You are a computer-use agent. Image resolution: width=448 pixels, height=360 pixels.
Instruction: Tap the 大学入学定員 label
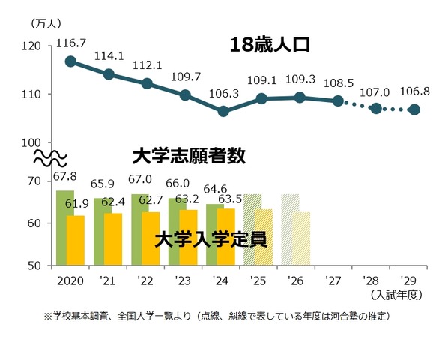coord(212,239)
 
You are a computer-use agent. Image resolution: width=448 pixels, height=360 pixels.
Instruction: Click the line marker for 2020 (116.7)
coord(70,61)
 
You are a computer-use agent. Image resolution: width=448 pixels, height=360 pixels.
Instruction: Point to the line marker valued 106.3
coord(223,111)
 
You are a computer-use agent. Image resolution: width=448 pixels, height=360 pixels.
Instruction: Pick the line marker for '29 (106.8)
coord(414,109)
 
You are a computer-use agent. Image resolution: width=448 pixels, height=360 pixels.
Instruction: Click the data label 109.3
coord(300,79)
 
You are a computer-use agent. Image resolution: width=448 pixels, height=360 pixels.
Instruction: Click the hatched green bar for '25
coord(252,229)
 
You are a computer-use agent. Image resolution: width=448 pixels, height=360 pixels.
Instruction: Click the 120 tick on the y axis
coord(32,46)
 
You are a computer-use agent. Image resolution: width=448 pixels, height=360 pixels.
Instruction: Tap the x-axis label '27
coord(333,281)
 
